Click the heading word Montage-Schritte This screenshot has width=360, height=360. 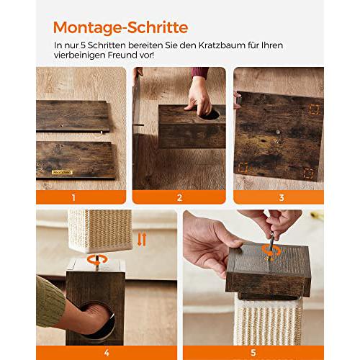click(x=120, y=27)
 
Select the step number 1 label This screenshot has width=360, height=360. click(x=73, y=197)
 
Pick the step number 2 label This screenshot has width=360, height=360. click(x=179, y=197)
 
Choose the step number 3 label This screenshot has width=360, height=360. click(x=282, y=197)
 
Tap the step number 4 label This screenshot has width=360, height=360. click(x=107, y=353)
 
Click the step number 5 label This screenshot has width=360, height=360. click(x=253, y=353)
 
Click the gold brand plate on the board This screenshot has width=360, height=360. click(x=62, y=172)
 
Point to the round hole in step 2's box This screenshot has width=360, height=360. click(x=210, y=114)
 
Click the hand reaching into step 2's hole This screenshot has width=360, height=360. click(x=199, y=96)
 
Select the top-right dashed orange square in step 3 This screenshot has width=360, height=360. click(x=314, y=109)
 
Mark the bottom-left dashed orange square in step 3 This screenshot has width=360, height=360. click(x=243, y=168)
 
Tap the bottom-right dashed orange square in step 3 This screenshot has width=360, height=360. click(x=308, y=174)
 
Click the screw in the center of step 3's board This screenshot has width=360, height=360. click(x=278, y=132)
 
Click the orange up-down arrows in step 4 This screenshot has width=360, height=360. click(x=142, y=239)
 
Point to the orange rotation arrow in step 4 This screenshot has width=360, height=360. click(x=97, y=260)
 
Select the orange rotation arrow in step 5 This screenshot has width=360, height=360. click(x=271, y=251)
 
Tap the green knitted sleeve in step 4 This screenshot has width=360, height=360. click(x=50, y=302)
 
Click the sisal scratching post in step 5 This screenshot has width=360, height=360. click(x=267, y=322)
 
